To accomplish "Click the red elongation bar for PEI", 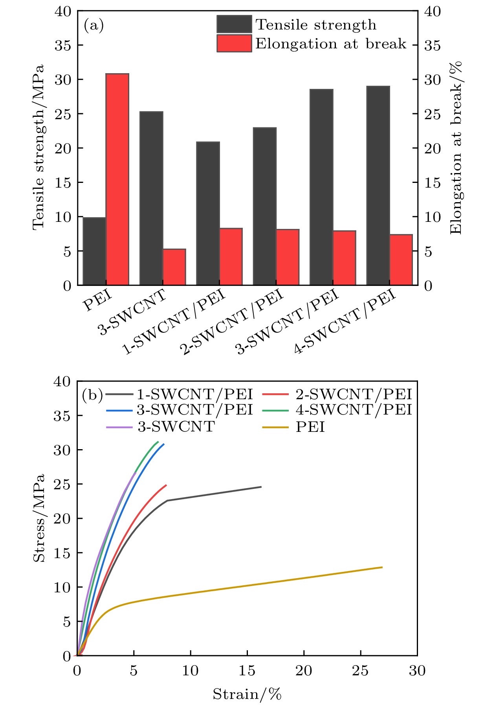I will pyautogui.click(x=117, y=179).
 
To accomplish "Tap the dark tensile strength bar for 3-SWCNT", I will pyautogui.click(x=151, y=198).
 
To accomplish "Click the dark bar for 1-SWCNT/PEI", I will pyautogui.click(x=208, y=213).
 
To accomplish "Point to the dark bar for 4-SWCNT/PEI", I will pyautogui.click(x=378, y=185).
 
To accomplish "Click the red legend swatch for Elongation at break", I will pyautogui.click(x=234, y=43).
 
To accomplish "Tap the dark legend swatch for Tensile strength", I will pyautogui.click(x=234, y=24).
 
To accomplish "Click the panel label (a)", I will pyautogui.click(x=93, y=26).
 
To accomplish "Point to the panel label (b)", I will pyautogui.click(x=92, y=394).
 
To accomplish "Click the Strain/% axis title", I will pyautogui.click(x=247, y=694).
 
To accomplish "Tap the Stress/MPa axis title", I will pyautogui.click(x=39, y=518).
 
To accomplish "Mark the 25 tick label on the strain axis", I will pyautogui.click(x=360, y=671).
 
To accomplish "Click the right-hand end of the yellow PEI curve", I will pyautogui.click(x=382, y=567).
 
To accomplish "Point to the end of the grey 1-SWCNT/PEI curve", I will pyautogui.click(x=261, y=487).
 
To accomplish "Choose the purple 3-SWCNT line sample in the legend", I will pyautogui.click(x=119, y=427).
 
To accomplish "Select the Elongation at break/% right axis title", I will pyautogui.click(x=456, y=148).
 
